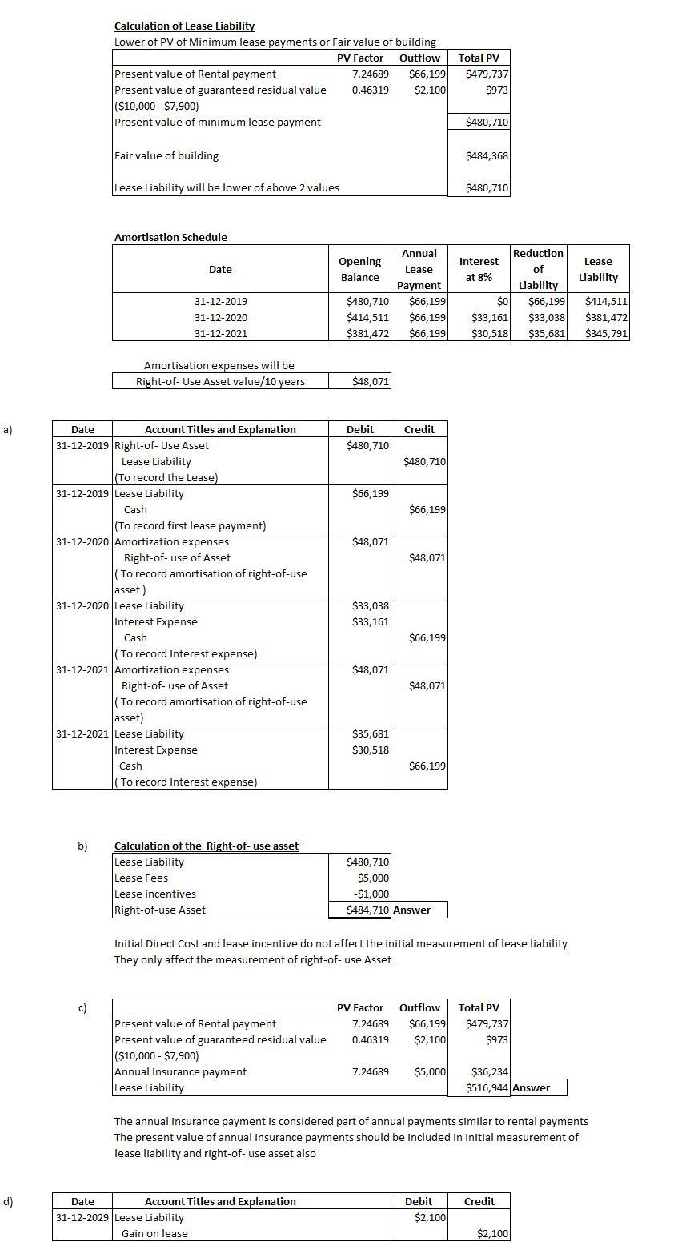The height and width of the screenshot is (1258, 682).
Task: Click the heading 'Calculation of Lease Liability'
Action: [184, 26]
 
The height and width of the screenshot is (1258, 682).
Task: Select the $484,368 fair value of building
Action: [487, 156]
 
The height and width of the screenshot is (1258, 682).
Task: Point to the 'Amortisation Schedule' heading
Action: [170, 238]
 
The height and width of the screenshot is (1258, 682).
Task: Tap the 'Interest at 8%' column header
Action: [479, 269]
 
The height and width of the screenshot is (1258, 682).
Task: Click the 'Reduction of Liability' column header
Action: [538, 269]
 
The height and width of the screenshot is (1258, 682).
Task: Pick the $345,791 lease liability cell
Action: [606, 334]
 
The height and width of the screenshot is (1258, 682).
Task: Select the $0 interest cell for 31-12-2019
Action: [503, 302]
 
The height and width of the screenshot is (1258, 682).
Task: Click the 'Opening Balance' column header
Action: [359, 269]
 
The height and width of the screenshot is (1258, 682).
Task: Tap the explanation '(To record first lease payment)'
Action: [191, 526]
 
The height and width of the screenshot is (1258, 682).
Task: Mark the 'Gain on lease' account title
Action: [154, 1234]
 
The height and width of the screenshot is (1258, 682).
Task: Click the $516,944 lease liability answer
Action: [487, 1088]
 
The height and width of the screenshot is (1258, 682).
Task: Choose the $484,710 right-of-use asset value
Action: [367, 910]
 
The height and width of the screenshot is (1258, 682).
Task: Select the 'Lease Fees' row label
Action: [142, 878]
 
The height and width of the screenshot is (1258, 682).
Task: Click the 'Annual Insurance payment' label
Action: [181, 1072]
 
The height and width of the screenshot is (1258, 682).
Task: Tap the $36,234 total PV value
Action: [489, 1072]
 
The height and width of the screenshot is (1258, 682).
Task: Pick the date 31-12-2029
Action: [82, 1218]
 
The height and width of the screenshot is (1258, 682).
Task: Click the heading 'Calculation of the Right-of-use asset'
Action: [207, 846]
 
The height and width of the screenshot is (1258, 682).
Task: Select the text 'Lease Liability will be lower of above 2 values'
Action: [227, 188]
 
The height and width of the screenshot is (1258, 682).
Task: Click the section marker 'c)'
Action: [82, 1007]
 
